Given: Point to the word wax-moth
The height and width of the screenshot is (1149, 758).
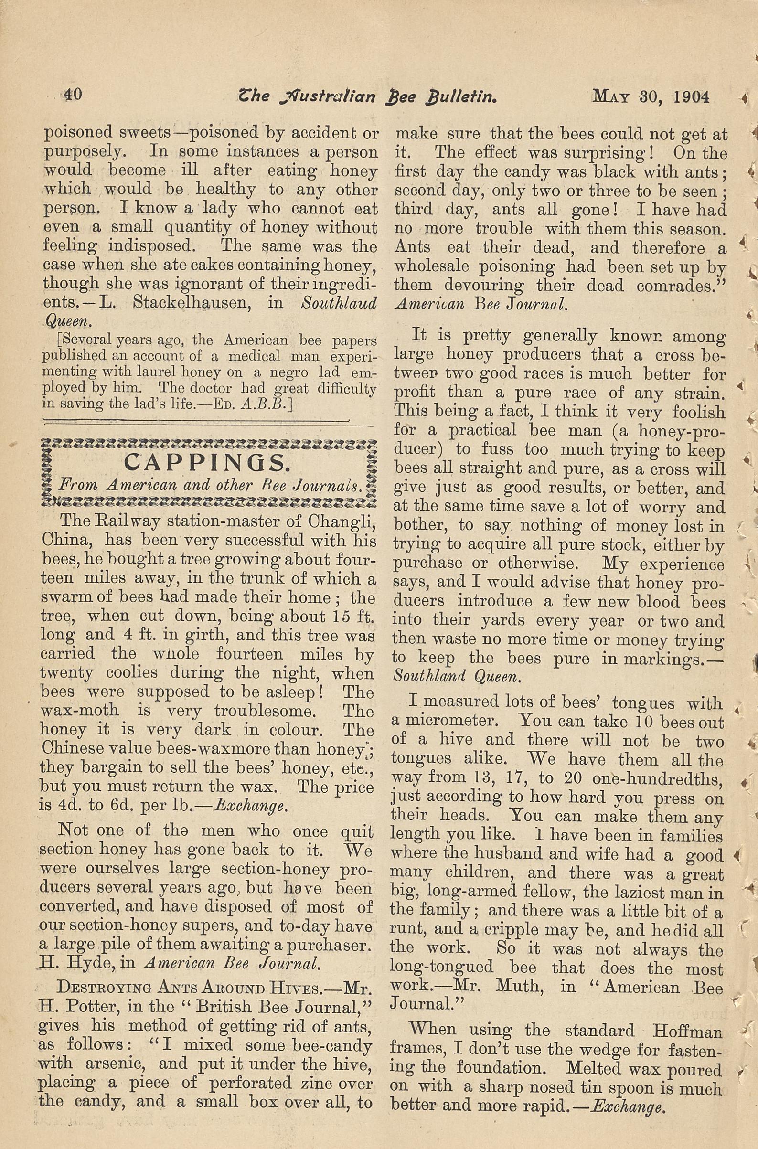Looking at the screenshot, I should [80, 711].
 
